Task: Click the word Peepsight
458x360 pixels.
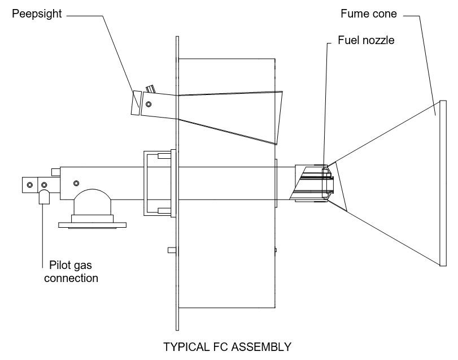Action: pos(37,14)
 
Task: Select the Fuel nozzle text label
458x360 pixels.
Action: pos(365,41)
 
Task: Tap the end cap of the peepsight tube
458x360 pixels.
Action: pos(136,103)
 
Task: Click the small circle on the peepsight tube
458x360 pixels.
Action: pos(150,103)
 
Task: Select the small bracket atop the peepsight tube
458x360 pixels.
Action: pos(150,89)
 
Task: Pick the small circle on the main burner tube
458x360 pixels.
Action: pos(76,183)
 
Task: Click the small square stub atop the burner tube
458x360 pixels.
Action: pos(55,171)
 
